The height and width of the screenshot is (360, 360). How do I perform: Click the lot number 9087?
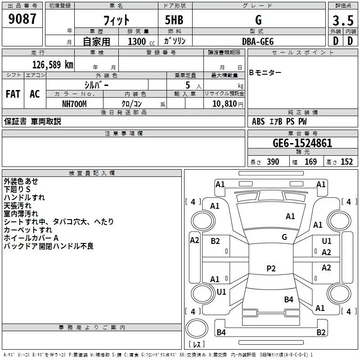click(22, 19)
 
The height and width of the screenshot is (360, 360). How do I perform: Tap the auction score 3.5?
click(343, 20)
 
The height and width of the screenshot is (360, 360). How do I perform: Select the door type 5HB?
click(174, 20)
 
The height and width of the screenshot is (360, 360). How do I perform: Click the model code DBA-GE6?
click(258, 41)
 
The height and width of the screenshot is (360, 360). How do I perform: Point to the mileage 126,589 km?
click(53, 65)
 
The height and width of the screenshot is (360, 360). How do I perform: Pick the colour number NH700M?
click(74, 104)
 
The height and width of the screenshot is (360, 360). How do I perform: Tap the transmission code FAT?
click(13, 94)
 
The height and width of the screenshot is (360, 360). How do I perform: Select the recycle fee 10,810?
click(225, 104)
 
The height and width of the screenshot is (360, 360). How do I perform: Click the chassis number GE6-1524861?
click(302, 143)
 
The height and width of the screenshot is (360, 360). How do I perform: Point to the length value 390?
click(273, 162)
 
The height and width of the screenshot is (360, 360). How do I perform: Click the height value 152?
click(346, 162)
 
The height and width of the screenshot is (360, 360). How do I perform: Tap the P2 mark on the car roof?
click(271, 268)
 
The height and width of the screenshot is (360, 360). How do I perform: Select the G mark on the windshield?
click(284, 237)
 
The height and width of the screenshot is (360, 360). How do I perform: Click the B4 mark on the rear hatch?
click(288, 300)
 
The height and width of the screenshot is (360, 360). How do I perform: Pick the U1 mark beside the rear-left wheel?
click(221, 292)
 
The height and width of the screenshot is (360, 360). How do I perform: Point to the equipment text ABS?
click(258, 121)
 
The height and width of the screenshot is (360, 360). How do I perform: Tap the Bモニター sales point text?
click(265, 73)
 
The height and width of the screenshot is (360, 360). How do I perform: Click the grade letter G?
click(258, 20)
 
